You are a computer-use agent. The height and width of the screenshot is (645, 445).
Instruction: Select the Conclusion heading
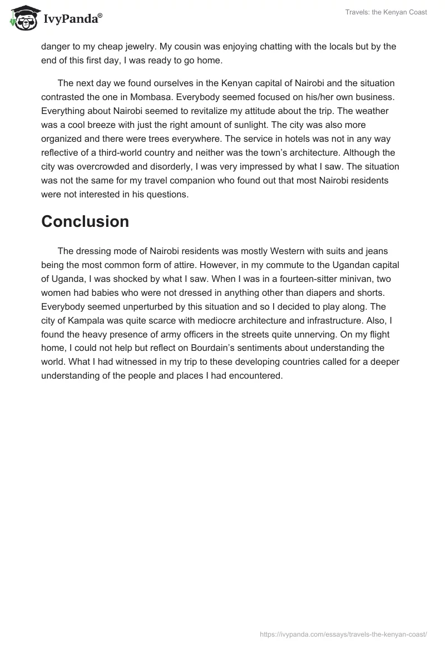(x=85, y=221)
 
